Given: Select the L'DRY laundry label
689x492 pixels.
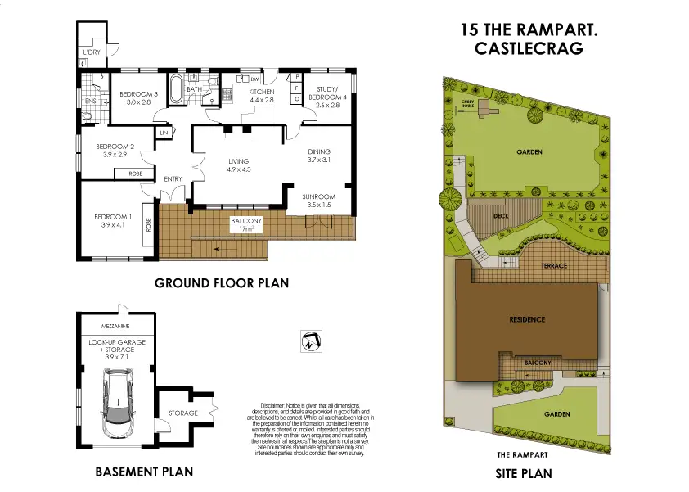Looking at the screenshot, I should tap(92, 53).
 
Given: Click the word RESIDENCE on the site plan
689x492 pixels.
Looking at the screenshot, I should tap(527, 319).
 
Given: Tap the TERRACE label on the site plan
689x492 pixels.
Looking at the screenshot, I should tap(554, 266).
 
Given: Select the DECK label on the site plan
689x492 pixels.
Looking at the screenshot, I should tap(502, 216).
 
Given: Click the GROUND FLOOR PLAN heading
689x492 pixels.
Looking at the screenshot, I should tap(221, 284).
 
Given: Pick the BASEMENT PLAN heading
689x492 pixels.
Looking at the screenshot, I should tap(144, 472).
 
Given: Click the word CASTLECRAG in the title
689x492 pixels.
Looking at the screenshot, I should tap(529, 49).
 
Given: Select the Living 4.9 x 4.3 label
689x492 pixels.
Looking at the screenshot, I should tap(238, 165).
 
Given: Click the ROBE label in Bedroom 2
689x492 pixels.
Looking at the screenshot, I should tap(133, 174).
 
